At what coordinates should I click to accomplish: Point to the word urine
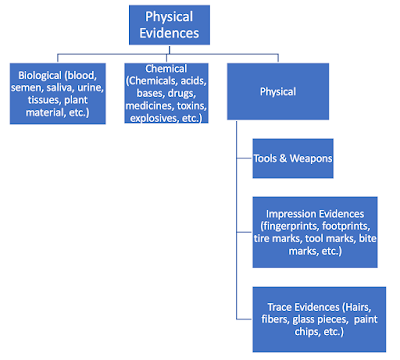click(88, 88)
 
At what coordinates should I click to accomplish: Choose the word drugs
click(172, 92)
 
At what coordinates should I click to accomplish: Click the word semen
click(25, 88)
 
